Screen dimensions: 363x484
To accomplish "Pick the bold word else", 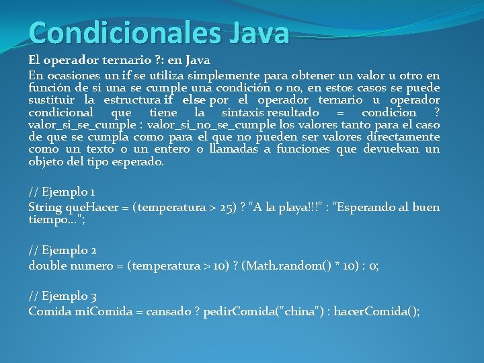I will tap(190, 100).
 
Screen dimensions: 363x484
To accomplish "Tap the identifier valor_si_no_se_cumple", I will tap(220, 124).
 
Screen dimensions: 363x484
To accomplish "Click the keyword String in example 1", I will tap(45, 208).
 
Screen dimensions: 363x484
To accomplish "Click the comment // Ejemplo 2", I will tap(63, 250).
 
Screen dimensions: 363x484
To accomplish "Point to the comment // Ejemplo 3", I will tap(63, 295).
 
